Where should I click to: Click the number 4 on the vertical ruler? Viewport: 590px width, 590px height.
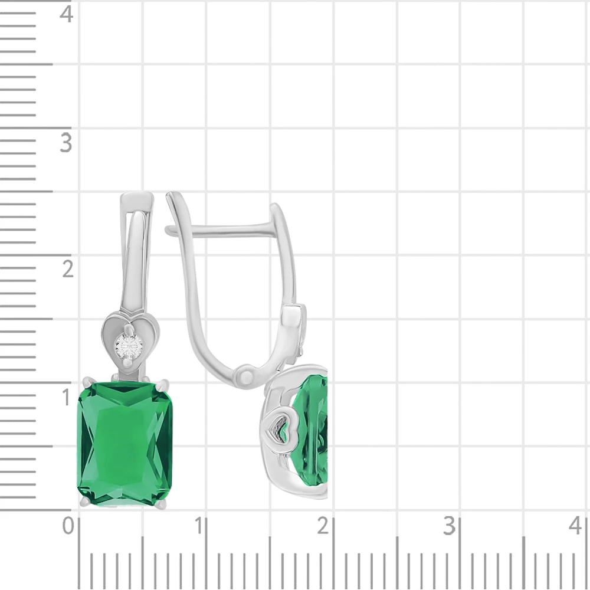pos(66,15)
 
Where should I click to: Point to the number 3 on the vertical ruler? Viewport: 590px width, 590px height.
pos(66,143)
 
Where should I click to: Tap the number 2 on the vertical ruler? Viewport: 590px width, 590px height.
pos(68,270)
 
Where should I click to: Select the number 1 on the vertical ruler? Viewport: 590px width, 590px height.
pos(67,397)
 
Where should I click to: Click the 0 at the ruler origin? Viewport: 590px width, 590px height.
pos(68,526)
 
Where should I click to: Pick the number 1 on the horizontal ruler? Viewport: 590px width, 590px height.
pos(199,526)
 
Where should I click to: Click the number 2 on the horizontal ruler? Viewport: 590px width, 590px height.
pos(323,526)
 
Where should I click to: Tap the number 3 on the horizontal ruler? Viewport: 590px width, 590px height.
pos(449,526)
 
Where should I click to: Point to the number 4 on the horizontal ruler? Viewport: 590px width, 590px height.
pos(575,526)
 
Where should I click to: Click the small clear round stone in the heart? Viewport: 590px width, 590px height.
pos(129,346)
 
